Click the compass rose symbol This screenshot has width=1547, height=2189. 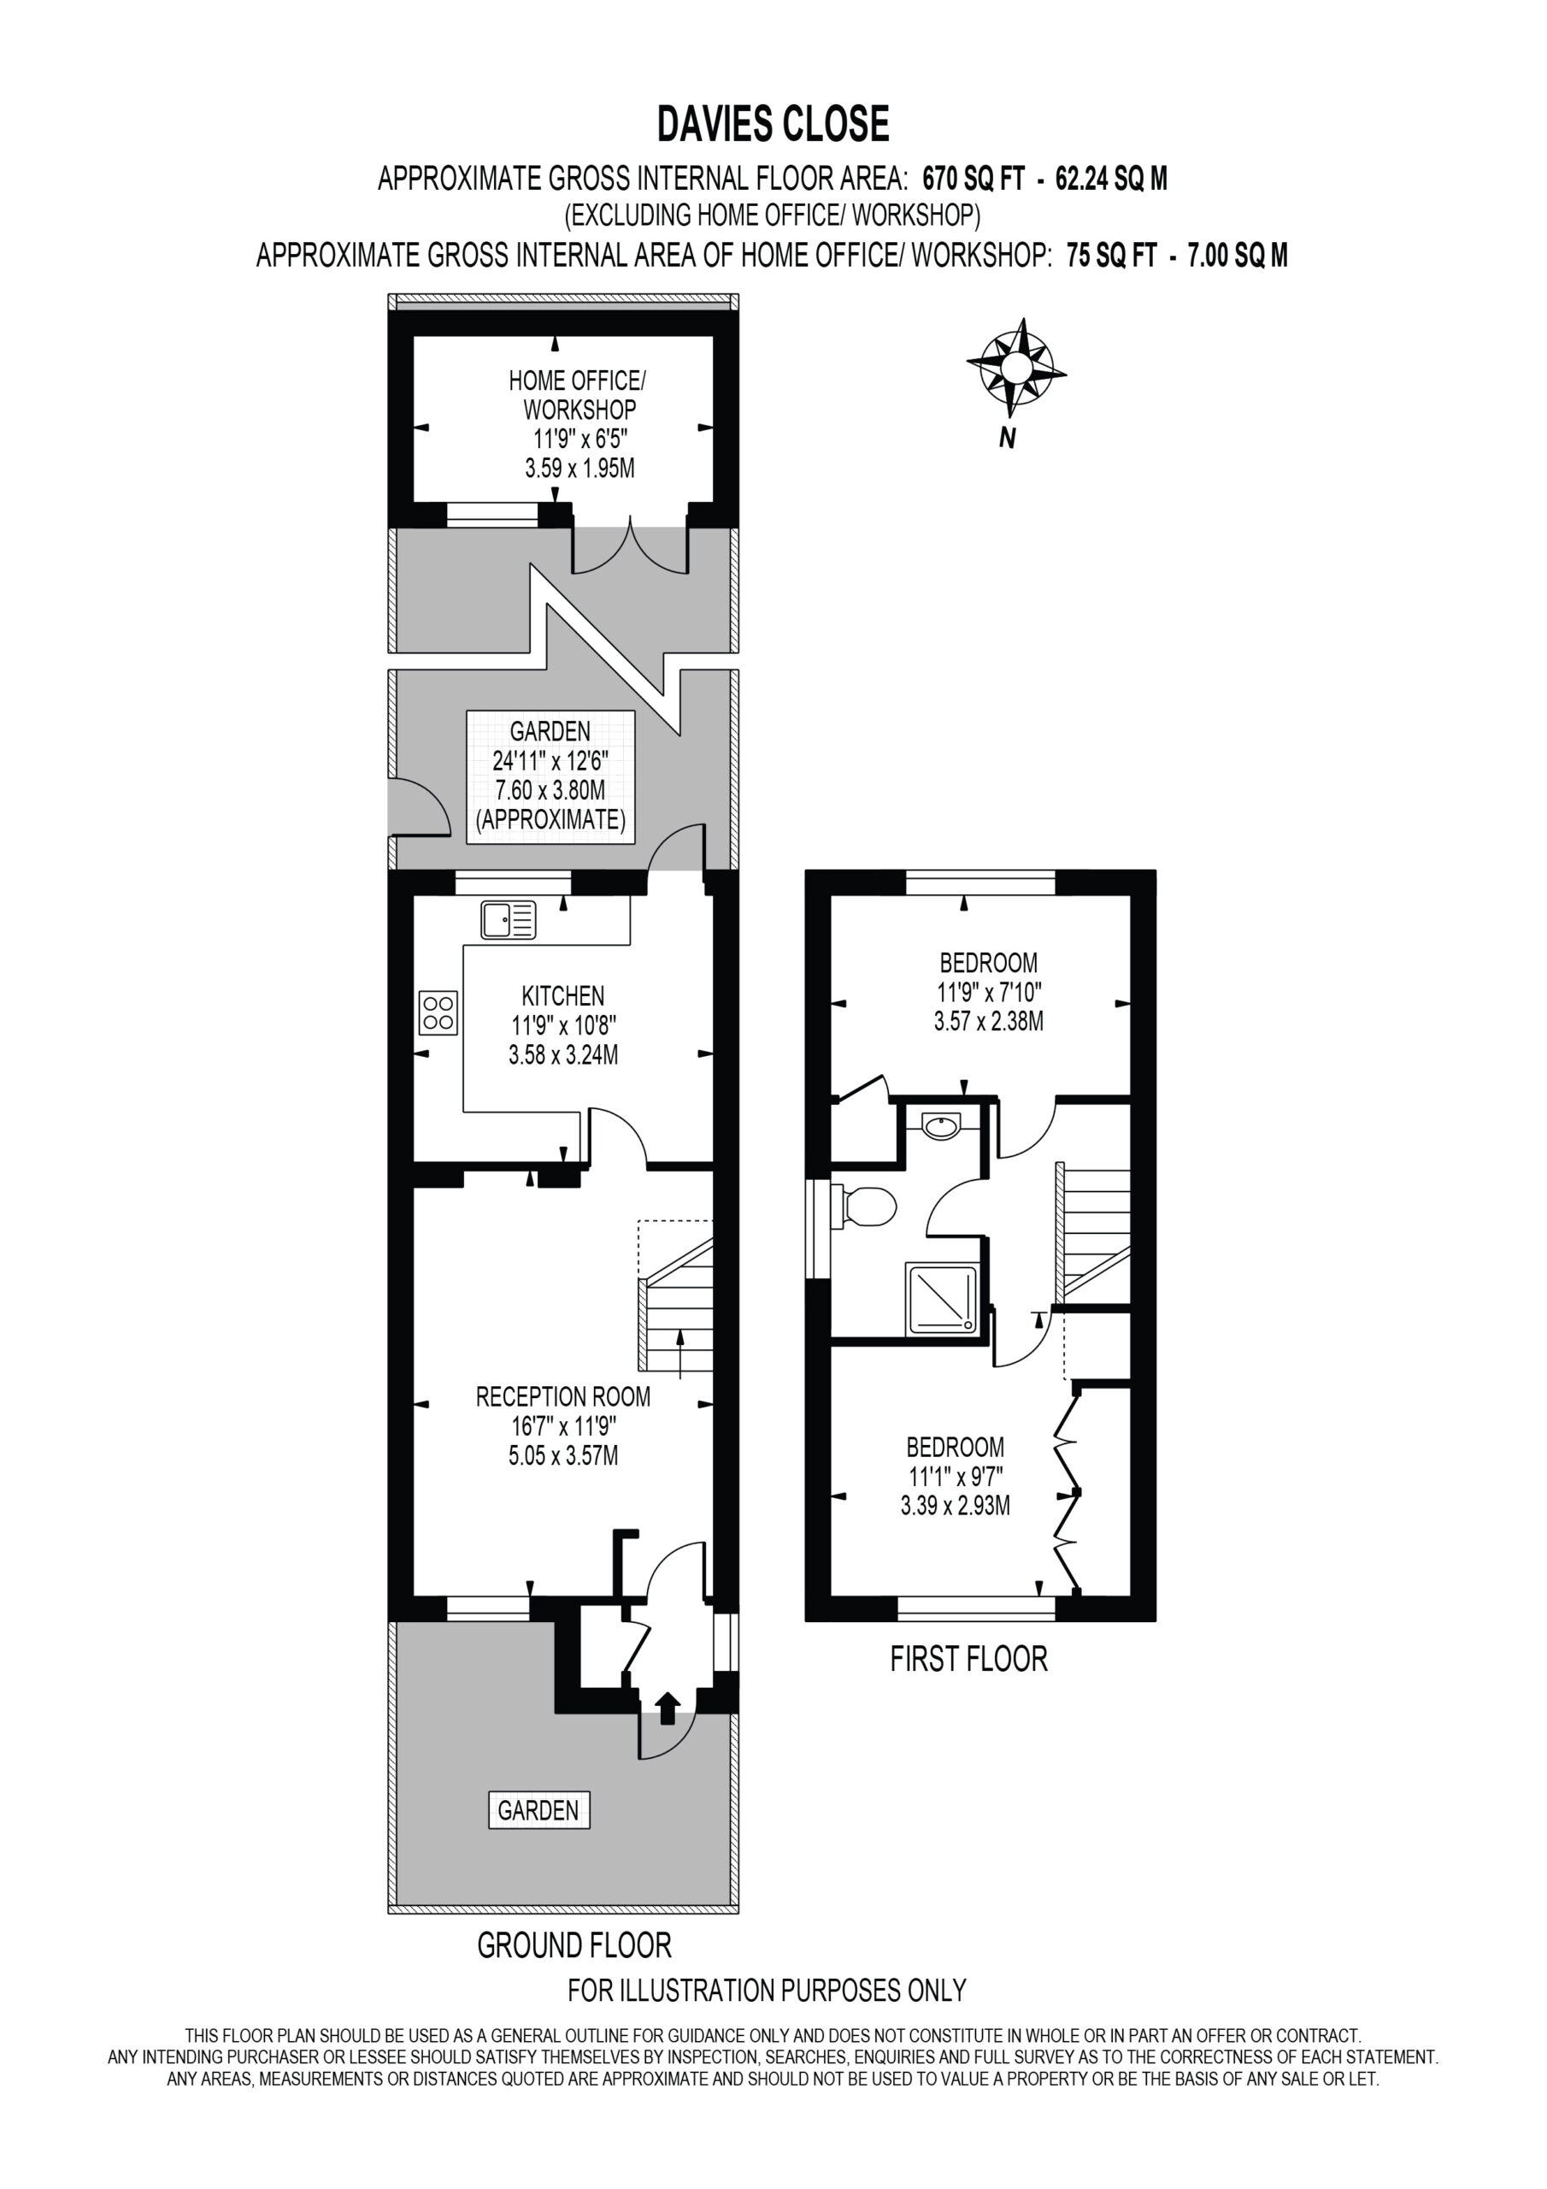click(1015, 368)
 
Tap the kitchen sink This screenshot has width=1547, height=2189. click(509, 920)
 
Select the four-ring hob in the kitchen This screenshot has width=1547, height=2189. click(438, 1012)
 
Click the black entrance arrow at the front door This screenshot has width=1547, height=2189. click(668, 1708)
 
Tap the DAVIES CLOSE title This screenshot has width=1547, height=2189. click(773, 124)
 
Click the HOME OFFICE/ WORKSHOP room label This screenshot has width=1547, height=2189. click(578, 396)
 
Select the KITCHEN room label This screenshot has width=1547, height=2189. click(562, 996)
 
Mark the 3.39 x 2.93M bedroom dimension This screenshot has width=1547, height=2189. click(955, 1506)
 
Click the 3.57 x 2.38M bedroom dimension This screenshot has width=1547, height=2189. click(988, 1021)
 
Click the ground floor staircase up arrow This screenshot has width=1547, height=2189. click(679, 1353)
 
